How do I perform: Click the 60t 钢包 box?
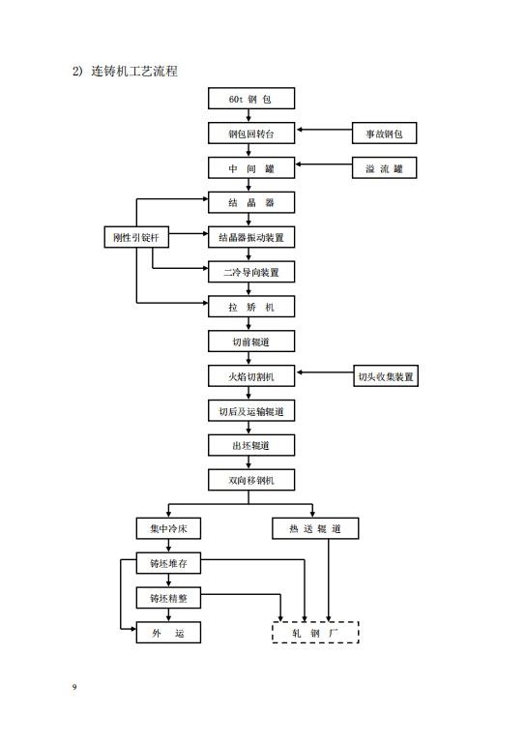[251, 99]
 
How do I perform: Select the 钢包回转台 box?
[251, 134]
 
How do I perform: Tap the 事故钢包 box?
[384, 133]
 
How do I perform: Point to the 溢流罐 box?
[384, 168]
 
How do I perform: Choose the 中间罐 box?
[251, 168]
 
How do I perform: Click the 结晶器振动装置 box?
[251, 237]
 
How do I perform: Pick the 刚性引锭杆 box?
[136, 237]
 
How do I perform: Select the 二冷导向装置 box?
[251, 272]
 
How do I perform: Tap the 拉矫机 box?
[251, 307]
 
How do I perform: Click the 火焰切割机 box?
[251, 376]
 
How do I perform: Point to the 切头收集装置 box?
[386, 376]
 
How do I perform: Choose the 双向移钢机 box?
[251, 480]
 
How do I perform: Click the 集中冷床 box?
[168, 528]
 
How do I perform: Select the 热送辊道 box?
[315, 528]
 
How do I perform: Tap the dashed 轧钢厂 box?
[315, 633]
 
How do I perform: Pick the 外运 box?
[168, 633]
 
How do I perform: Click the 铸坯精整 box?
[168, 598]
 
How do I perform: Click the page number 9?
[74, 687]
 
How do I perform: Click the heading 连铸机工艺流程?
[134, 72]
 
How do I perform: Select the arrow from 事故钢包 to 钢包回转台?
[325, 129]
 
